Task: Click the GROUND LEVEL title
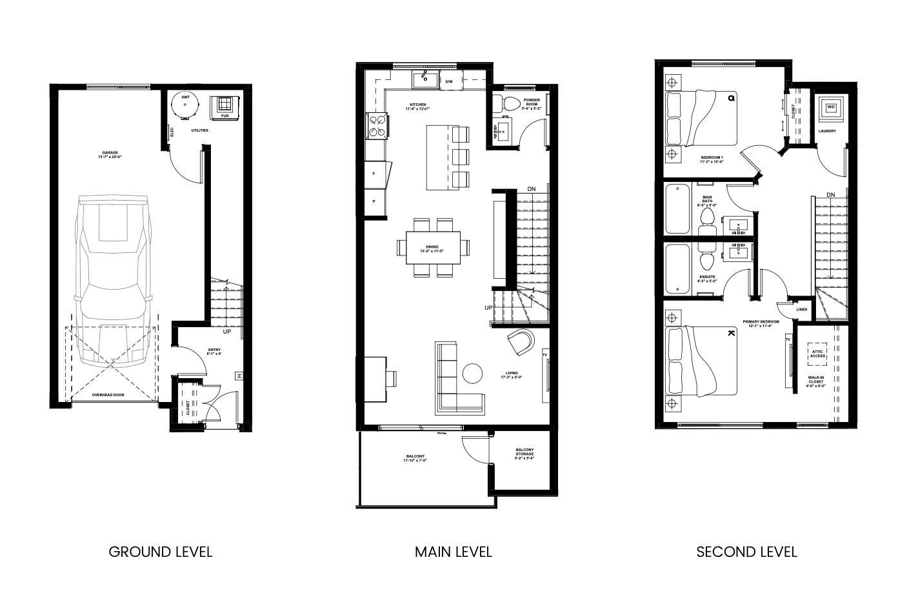pyautogui.click(x=160, y=552)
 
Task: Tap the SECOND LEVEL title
pyautogui.click(x=746, y=552)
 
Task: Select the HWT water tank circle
pyautogui.click(x=185, y=105)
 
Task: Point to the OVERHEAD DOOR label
pyautogui.click(x=108, y=394)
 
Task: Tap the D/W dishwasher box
pyautogui.click(x=449, y=81)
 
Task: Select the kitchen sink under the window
pyautogui.click(x=425, y=80)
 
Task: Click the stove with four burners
pyautogui.click(x=377, y=126)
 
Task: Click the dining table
pyautogui.click(x=433, y=248)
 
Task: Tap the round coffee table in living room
pyautogui.click(x=473, y=373)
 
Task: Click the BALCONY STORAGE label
pyautogui.click(x=524, y=454)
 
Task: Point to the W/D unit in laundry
pyautogui.click(x=830, y=107)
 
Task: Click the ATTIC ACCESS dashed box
pyautogui.click(x=817, y=354)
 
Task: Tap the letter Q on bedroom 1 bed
pyautogui.click(x=732, y=99)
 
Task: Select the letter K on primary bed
pyautogui.click(x=731, y=333)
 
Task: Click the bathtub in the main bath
pyautogui.click(x=677, y=208)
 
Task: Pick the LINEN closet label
pyautogui.click(x=802, y=309)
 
